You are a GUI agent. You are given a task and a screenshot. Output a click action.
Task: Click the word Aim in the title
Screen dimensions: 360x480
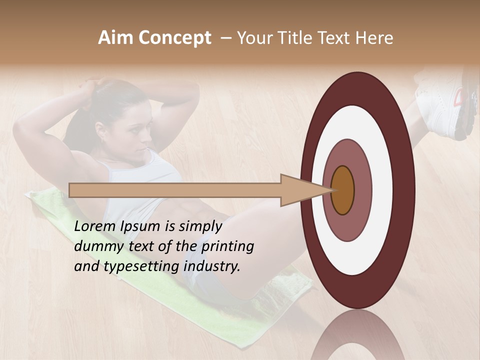pyautogui.click(x=115, y=38)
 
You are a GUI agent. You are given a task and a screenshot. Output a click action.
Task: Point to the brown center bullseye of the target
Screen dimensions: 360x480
pyautogui.click(x=343, y=190)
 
